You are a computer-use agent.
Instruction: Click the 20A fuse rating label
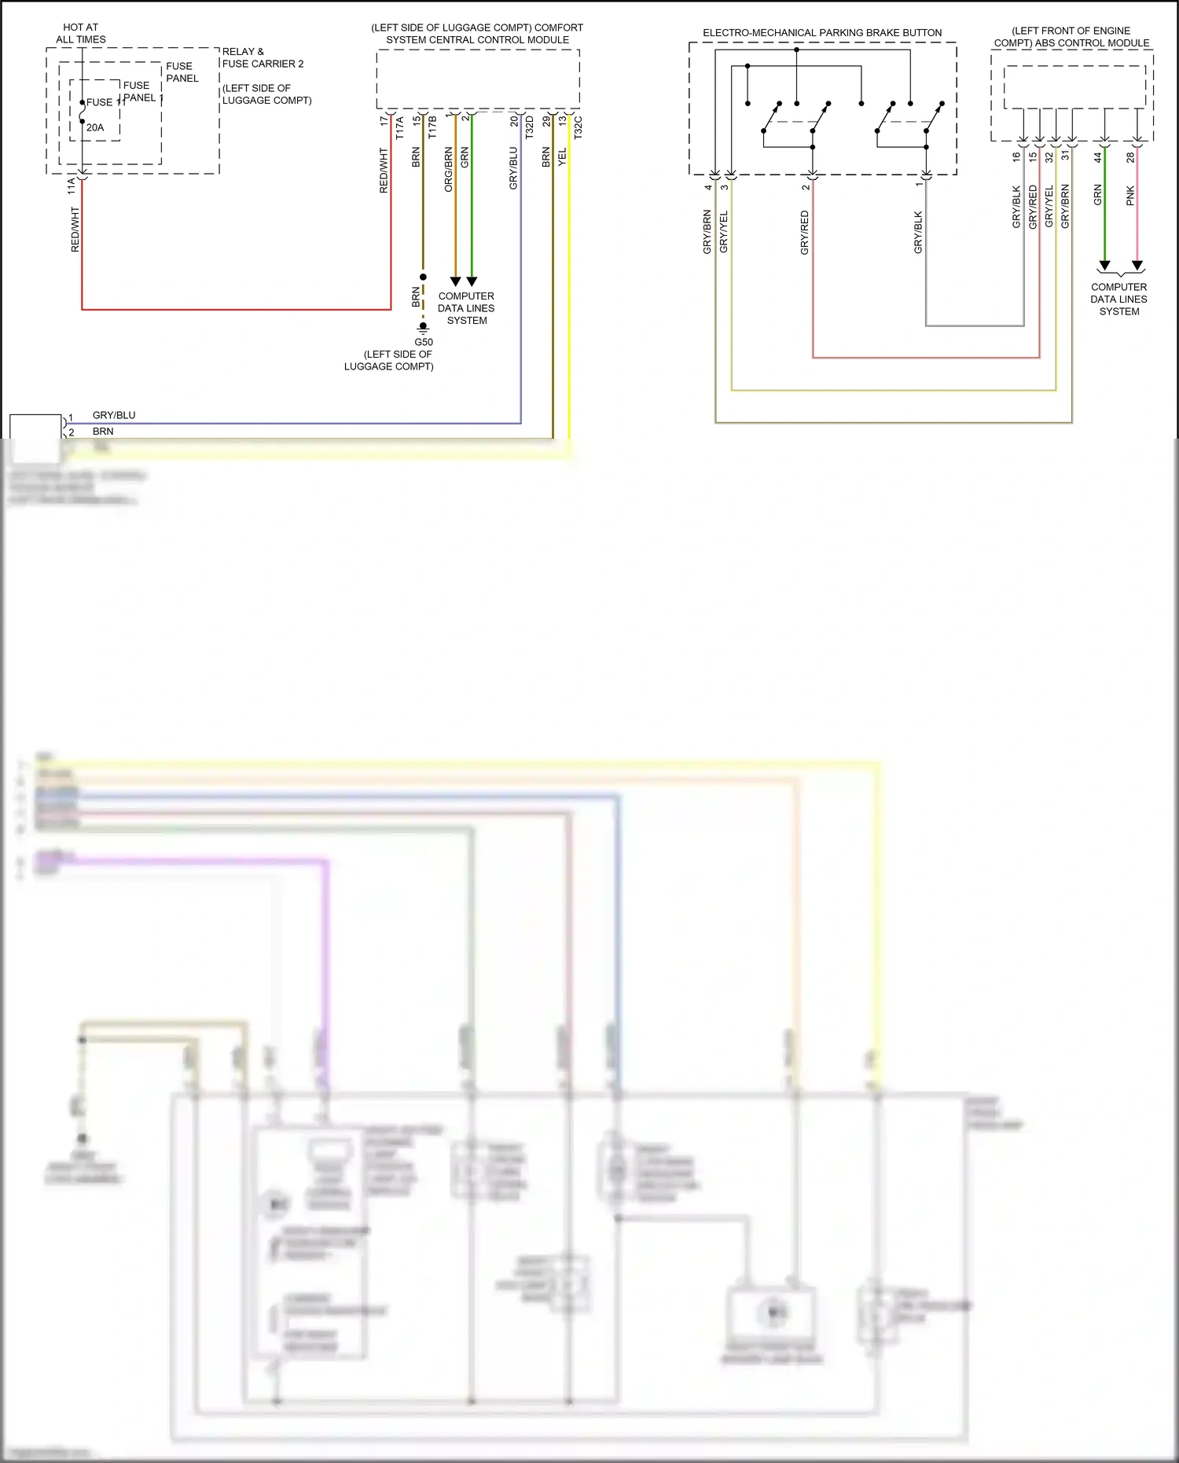click(x=95, y=127)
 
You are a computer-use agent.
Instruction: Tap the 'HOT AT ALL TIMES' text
click(x=81, y=33)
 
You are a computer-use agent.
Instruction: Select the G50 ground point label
click(x=424, y=342)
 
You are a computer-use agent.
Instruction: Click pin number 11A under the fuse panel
click(x=72, y=186)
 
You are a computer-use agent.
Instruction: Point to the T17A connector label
click(x=400, y=128)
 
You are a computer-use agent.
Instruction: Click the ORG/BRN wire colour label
click(x=449, y=169)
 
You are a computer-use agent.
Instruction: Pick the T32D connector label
click(x=530, y=127)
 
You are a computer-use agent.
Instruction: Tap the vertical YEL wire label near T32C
click(x=562, y=156)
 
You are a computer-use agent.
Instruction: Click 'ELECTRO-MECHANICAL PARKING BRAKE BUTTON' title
click(x=822, y=33)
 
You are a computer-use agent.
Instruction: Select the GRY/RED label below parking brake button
click(x=805, y=232)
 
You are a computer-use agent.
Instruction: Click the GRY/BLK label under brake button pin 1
click(x=918, y=232)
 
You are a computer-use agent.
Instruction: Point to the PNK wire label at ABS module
click(x=1130, y=196)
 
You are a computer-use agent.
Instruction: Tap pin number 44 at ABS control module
click(x=1098, y=157)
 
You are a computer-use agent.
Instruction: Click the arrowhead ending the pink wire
click(x=1137, y=266)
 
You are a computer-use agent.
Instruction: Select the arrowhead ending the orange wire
click(x=455, y=281)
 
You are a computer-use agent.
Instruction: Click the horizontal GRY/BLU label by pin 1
click(x=114, y=415)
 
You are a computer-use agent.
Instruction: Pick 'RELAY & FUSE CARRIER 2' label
click(x=263, y=57)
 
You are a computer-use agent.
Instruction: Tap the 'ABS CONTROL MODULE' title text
click(x=1071, y=37)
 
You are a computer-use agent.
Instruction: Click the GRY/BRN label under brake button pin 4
click(x=707, y=231)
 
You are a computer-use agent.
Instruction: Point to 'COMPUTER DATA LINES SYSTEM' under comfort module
click(x=466, y=308)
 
